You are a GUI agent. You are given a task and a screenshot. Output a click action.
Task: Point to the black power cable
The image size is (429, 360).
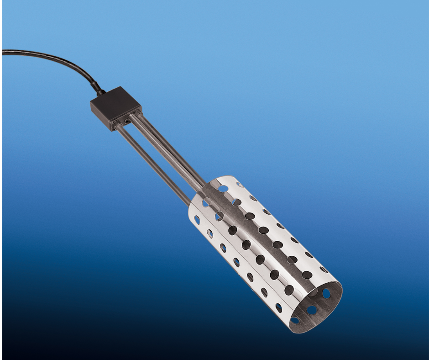coord(55,58)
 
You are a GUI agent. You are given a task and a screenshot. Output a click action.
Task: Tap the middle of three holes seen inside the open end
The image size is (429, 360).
coord(312,310)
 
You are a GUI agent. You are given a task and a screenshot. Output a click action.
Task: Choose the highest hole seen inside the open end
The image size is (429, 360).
coord(326,293)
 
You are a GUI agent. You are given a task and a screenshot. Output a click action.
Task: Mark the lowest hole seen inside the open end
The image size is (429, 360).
coord(295,320)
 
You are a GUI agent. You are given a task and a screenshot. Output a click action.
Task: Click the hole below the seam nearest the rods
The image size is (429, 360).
coord(197,220)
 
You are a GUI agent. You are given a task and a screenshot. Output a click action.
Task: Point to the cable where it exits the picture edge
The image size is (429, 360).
coord(4,52)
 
